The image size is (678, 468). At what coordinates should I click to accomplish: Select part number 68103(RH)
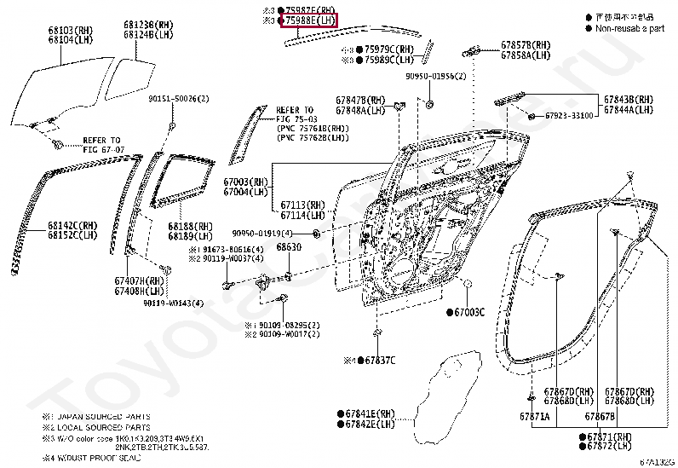pyautogui.click(x=70, y=31)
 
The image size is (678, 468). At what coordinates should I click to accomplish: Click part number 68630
pyautogui.click(x=289, y=247)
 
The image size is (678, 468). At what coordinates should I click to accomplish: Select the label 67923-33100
pyautogui.click(x=568, y=115)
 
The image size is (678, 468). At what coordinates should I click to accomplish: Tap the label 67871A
pyautogui.click(x=535, y=416)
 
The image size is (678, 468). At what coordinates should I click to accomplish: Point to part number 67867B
pyautogui.click(x=600, y=416)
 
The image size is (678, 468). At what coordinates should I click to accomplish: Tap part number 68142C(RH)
pyautogui.click(x=72, y=226)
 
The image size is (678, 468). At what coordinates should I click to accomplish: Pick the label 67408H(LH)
pyautogui.click(x=141, y=290)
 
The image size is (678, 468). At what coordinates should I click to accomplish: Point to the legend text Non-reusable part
pyautogui.click(x=630, y=28)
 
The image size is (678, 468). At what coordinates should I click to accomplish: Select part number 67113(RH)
pyautogui.click(x=303, y=205)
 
